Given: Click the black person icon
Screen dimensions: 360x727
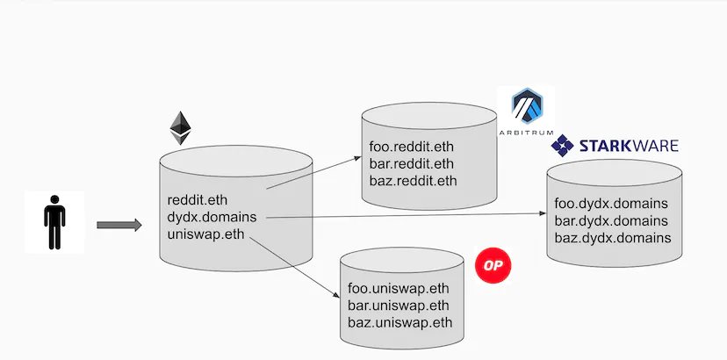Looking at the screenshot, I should coord(54,222).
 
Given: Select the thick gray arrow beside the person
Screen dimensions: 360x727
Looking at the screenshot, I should coord(119,226).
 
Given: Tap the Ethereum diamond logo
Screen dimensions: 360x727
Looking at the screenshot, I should coord(181,128).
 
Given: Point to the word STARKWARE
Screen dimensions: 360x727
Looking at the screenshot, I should coord(629,146).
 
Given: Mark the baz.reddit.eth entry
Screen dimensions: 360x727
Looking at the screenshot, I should coord(413,181).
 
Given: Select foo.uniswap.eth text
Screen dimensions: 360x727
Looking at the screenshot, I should coord(399,287).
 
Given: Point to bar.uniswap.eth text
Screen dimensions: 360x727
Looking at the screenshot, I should coord(399,305).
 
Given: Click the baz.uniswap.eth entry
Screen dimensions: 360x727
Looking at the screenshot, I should coord(399,322).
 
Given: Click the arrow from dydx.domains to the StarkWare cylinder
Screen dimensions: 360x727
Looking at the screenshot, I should coord(404,215).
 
